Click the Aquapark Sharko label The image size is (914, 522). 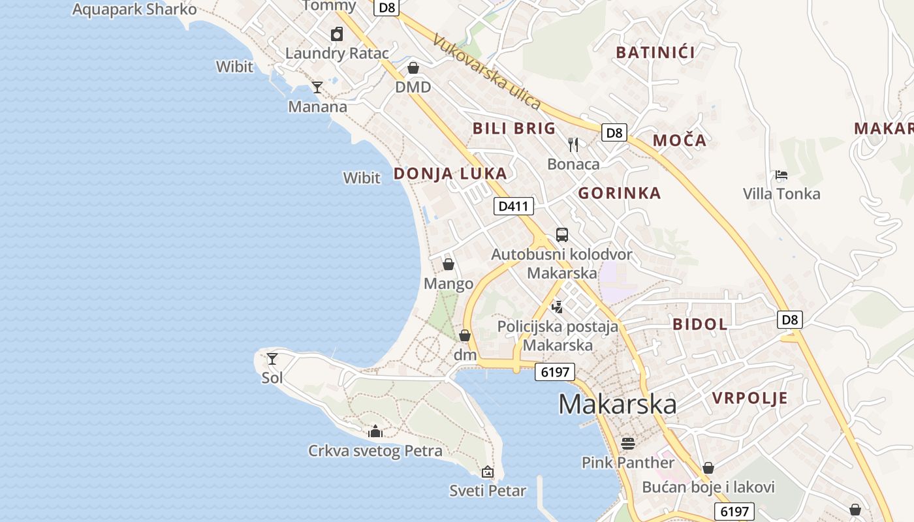(x=134, y=9)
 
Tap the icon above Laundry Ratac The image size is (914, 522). (x=337, y=34)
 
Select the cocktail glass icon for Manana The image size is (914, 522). (x=317, y=87)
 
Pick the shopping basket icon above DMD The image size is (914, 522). (x=413, y=68)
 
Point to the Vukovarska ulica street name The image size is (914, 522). (x=486, y=72)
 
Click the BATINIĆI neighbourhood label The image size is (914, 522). (x=655, y=52)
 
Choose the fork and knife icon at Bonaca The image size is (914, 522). (x=573, y=144)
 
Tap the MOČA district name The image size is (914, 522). (x=680, y=140)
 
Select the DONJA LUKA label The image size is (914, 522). (x=450, y=173)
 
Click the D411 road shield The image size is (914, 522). (x=514, y=206)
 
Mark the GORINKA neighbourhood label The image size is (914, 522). (x=619, y=192)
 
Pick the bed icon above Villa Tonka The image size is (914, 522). (x=781, y=174)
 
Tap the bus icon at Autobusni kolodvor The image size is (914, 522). (x=561, y=234)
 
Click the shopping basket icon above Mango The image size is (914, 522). (x=449, y=264)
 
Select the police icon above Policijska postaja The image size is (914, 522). (x=557, y=306)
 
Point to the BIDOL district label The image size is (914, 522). (x=700, y=324)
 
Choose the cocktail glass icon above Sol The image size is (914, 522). (x=272, y=358)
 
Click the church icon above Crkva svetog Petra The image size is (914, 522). (x=375, y=431)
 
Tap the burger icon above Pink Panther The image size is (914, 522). (x=628, y=444)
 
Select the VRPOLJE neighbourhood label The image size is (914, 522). (x=749, y=398)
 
